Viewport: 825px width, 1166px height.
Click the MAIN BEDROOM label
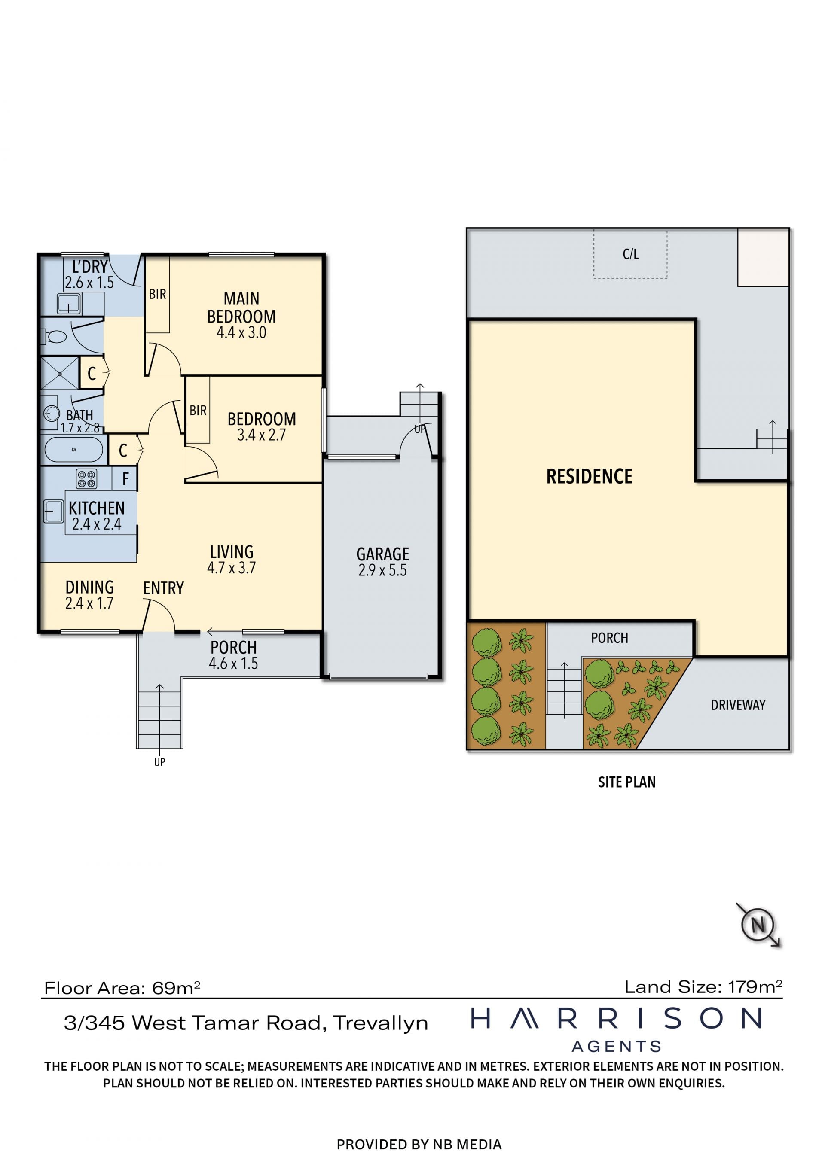(241, 307)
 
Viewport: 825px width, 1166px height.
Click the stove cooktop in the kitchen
(86, 478)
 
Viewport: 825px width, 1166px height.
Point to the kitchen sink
(53, 511)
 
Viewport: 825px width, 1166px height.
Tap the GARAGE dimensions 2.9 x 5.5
(382, 570)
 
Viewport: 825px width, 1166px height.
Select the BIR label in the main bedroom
(158, 294)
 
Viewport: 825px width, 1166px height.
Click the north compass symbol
(758, 924)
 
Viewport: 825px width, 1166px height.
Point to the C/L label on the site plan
(630, 254)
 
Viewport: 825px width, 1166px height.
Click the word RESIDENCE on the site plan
(589, 476)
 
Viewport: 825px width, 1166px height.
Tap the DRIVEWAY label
(738, 705)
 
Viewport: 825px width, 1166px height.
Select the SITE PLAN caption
(627, 782)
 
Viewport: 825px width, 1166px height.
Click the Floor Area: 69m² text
(122, 988)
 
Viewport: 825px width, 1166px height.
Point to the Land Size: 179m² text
(703, 987)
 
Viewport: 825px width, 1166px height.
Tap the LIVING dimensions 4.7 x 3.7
(231, 568)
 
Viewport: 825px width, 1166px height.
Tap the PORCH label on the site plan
(610, 638)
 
